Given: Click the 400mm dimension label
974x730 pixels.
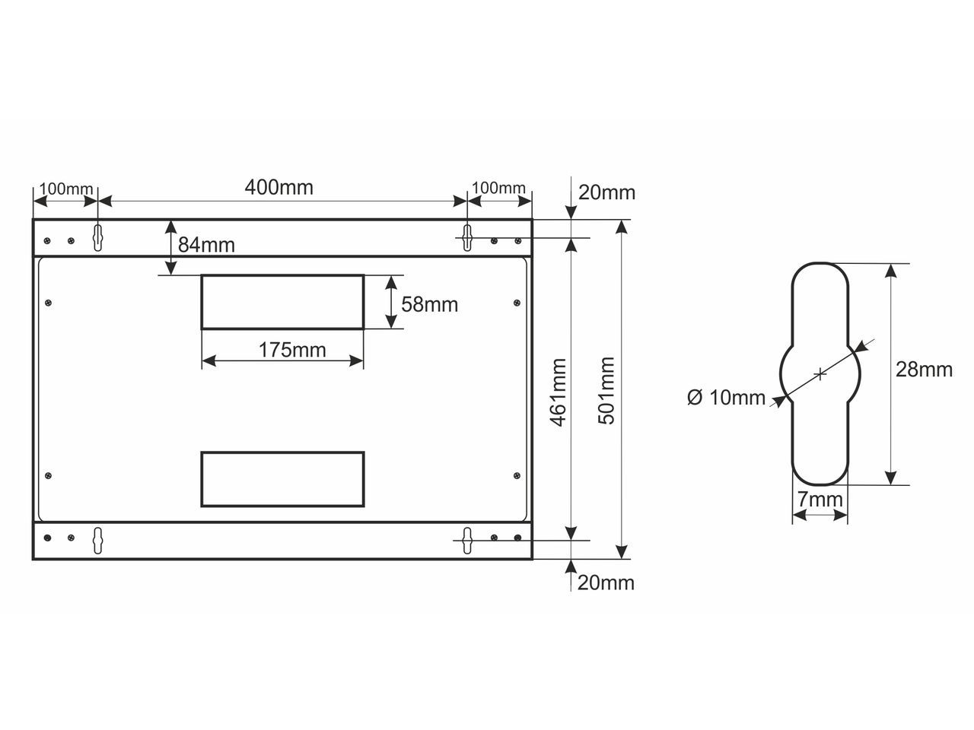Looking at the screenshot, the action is [x=279, y=188].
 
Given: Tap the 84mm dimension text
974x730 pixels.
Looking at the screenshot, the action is [x=206, y=245].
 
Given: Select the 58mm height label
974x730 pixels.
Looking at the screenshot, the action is [x=429, y=304].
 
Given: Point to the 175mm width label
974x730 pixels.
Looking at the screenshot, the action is [x=292, y=350].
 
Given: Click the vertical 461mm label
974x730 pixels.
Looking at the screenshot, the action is [x=559, y=392].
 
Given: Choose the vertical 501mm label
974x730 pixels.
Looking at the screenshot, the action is [x=606, y=391].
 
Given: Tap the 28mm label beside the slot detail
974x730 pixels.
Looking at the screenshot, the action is [x=924, y=370].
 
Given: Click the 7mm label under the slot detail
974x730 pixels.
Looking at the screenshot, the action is [x=820, y=500].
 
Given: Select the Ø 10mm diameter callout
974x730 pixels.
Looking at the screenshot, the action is [x=726, y=397].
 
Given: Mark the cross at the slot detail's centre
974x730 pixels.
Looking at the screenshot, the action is [x=820, y=374].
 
